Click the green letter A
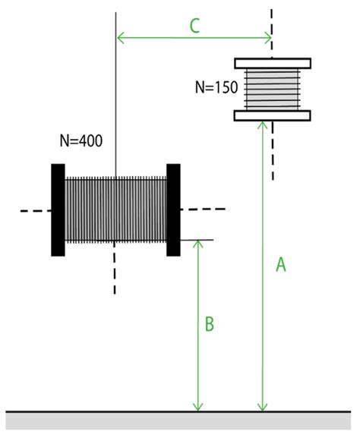point(280,264)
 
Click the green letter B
point(210,325)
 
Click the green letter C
point(194,26)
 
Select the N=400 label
point(81,140)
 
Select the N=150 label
point(216,87)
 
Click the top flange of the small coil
point(273,63)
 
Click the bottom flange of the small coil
point(273,115)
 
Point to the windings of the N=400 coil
point(115,210)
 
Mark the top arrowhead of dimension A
point(263,125)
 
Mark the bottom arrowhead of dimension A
point(263,406)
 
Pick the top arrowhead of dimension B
point(198,244)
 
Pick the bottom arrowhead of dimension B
point(198,406)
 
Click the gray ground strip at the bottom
point(179,421)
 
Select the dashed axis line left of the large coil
point(33,210)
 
